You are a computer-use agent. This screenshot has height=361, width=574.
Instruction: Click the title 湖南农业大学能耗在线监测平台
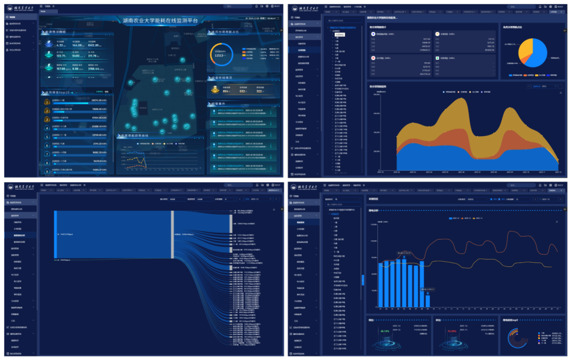pos(160,21)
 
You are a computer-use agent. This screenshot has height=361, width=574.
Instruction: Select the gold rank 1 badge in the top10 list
pos(47,100)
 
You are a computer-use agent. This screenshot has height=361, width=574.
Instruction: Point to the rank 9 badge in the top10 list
pos(47,171)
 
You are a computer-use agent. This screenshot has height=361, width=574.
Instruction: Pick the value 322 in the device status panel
pos(260,91)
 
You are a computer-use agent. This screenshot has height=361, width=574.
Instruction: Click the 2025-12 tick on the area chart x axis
pos(558,172)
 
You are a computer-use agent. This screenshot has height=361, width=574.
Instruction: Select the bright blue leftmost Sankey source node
pos(55,234)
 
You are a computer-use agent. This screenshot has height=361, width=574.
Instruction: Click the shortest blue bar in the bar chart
pos(428,301)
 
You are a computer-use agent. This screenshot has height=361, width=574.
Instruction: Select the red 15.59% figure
pos(452,331)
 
